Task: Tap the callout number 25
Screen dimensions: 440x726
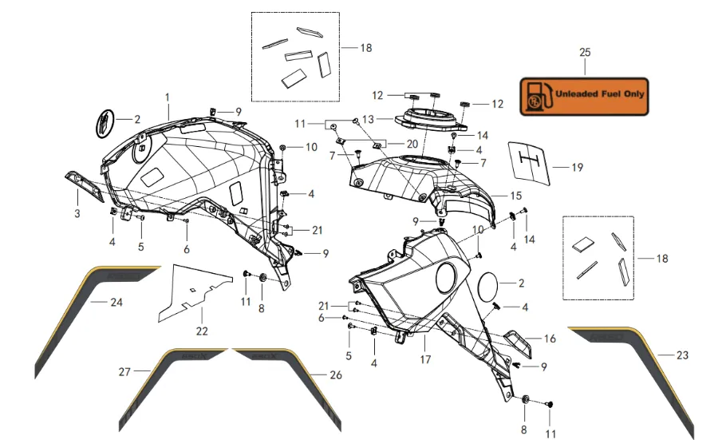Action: [585, 52]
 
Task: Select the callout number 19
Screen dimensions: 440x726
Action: [578, 168]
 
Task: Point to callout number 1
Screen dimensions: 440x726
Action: [168, 97]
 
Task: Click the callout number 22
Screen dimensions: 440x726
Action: [201, 331]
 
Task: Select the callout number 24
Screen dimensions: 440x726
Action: [116, 303]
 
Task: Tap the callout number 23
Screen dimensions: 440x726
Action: [681, 355]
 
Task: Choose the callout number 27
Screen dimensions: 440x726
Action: [124, 371]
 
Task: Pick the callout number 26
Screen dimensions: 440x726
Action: [335, 375]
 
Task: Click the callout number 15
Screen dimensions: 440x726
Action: [516, 195]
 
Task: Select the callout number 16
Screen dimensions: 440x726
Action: [550, 339]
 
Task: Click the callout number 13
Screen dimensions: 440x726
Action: [367, 119]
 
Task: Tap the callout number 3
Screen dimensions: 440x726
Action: [77, 213]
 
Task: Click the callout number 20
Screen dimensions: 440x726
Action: [412, 144]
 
